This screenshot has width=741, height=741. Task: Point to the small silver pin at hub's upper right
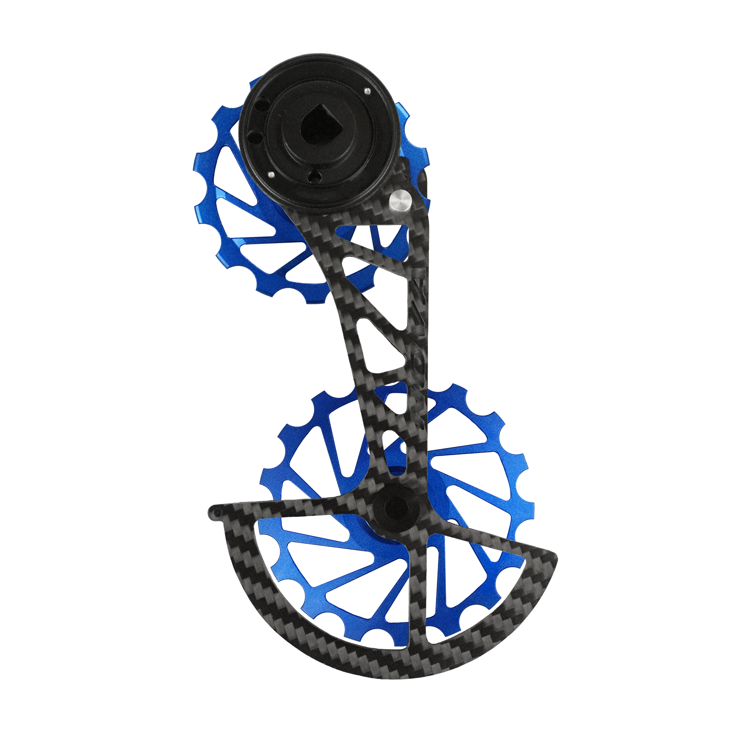(366, 91)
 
